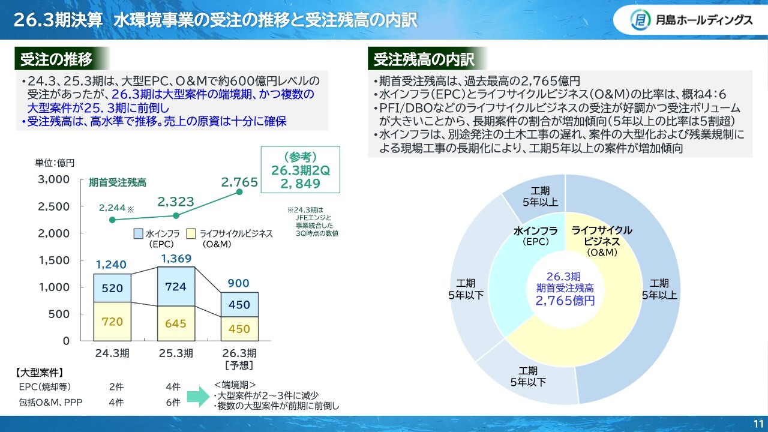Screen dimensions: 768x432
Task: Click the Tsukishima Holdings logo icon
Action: [640, 20]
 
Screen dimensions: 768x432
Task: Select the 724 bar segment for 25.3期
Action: [176, 286]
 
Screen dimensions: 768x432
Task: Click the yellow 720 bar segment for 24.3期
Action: [112, 321]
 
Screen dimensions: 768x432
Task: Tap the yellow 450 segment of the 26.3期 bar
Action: [239, 328]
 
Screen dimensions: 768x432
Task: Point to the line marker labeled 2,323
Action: [176, 215]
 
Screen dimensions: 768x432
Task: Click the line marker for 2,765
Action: [239, 192]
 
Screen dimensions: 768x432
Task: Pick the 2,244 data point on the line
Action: [112, 220]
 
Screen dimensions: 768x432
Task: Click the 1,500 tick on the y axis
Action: [54, 260]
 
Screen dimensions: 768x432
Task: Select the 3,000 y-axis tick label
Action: [53, 179]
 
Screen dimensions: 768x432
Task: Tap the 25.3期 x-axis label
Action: [176, 353]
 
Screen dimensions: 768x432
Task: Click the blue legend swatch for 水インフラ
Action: [138, 234]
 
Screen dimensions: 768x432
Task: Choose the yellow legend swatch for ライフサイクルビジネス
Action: [191, 234]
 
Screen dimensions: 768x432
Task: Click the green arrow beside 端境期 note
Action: [198, 397]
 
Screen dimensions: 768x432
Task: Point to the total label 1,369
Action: [176, 259]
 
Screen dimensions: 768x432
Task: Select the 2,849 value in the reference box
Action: [301, 184]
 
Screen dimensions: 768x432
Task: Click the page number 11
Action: [758, 424]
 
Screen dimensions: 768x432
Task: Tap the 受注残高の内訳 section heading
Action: [424, 59]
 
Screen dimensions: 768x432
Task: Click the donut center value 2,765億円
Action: [565, 301]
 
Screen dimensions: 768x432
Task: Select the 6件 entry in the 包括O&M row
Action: [173, 402]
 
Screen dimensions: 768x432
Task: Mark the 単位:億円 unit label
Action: [55, 163]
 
